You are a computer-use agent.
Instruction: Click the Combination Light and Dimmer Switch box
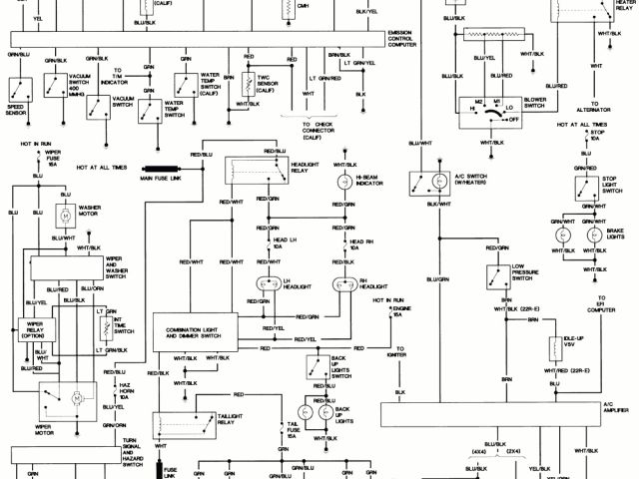click(x=195, y=329)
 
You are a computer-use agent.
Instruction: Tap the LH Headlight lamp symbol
click(x=268, y=282)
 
